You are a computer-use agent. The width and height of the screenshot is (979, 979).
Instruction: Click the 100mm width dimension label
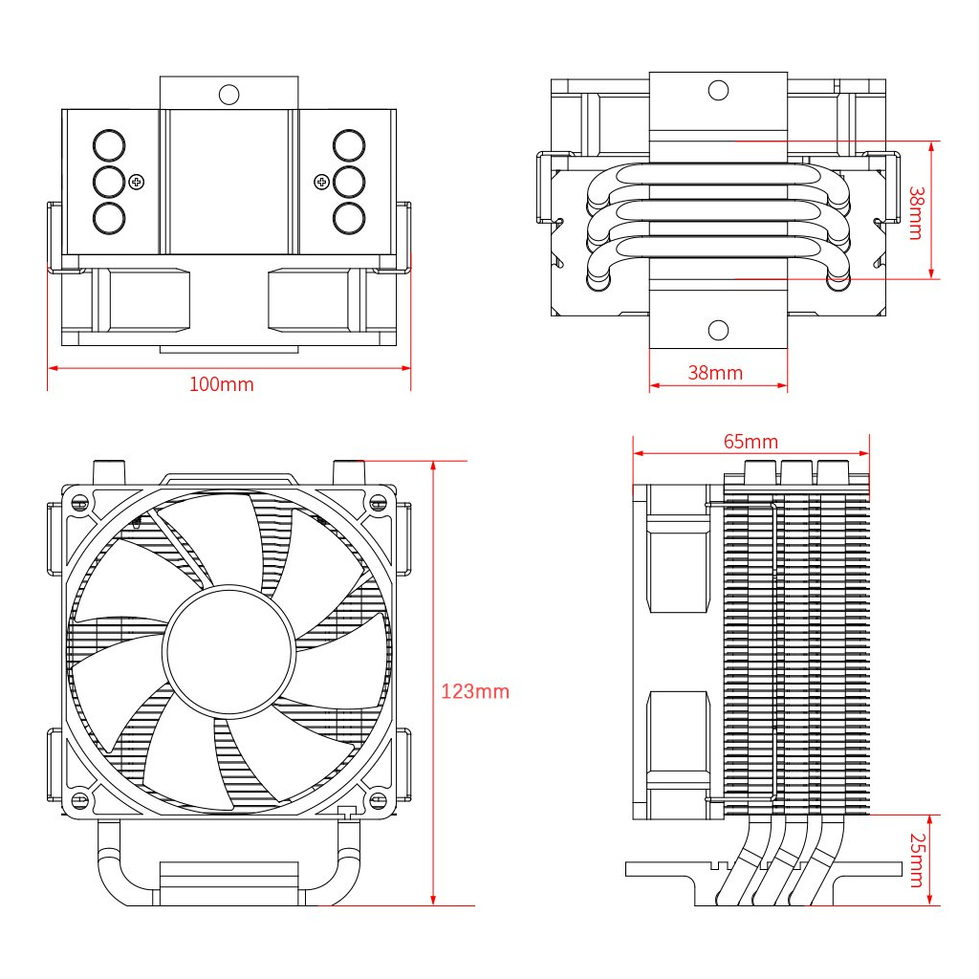(x=221, y=384)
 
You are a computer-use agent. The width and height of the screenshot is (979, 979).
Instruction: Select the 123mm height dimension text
(x=475, y=691)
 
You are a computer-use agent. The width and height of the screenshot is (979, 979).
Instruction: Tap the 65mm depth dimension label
(x=751, y=441)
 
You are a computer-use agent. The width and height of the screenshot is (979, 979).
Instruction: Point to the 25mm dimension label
(x=916, y=859)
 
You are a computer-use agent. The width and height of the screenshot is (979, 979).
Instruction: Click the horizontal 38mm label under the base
(x=715, y=373)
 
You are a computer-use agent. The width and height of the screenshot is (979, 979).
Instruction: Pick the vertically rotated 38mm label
(x=916, y=212)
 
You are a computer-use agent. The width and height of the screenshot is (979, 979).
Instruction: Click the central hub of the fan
(x=229, y=650)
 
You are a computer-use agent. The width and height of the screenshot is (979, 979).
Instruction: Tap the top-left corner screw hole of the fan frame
(x=80, y=501)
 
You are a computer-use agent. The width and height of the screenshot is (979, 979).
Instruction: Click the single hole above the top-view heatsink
(x=228, y=94)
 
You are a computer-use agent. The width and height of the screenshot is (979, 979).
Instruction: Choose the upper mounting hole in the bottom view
(x=718, y=91)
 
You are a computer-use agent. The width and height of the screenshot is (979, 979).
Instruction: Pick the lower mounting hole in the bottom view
(x=718, y=330)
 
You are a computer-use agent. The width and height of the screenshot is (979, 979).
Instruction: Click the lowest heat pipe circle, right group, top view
(x=349, y=217)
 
